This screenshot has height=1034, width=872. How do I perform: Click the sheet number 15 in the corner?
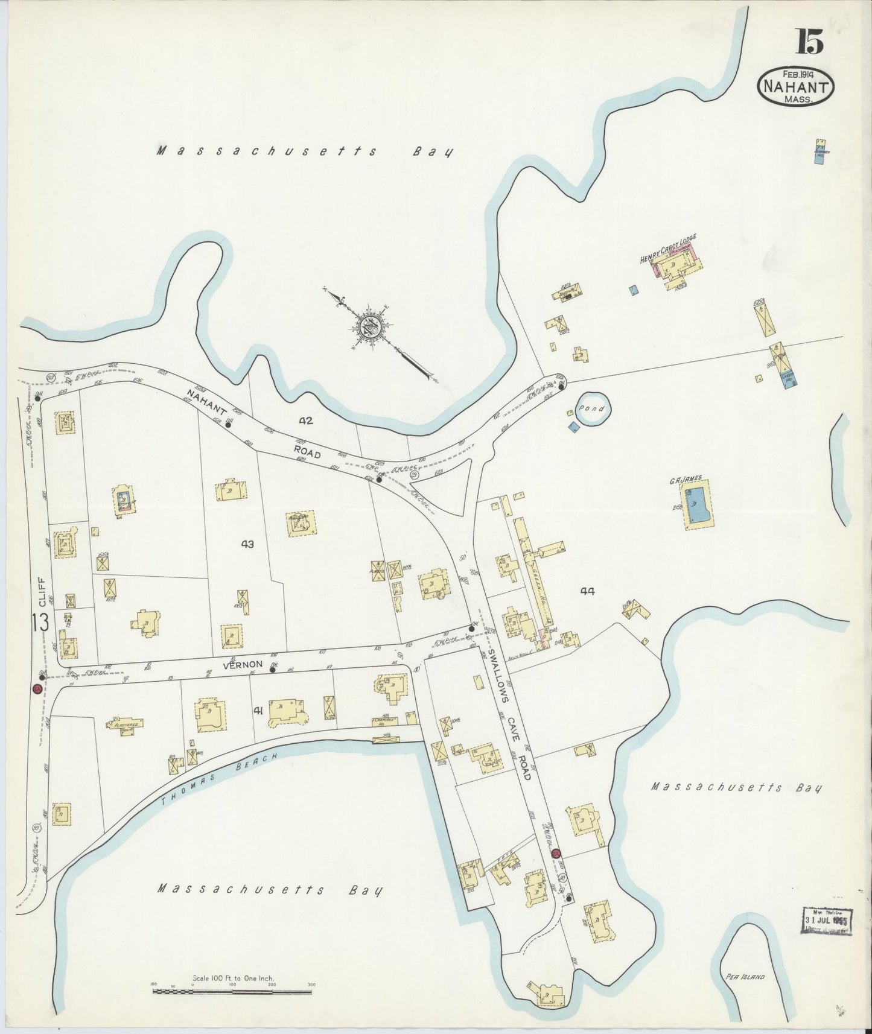[809, 42]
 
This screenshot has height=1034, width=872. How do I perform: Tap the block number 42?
[306, 420]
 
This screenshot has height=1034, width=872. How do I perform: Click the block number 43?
[247, 544]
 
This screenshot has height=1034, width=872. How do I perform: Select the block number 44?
[587, 591]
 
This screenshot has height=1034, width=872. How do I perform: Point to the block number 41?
[258, 711]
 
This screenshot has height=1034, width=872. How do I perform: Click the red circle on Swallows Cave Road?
[556, 853]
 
